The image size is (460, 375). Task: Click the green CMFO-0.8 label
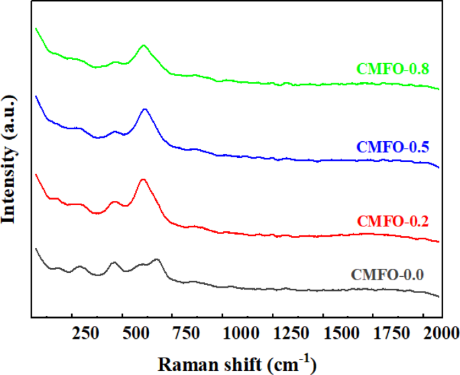(x=393, y=69)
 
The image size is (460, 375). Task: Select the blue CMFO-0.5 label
(x=393, y=146)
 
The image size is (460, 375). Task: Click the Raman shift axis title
(x=236, y=363)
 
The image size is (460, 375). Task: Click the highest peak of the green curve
(x=144, y=46)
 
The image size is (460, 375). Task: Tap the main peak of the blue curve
(x=144, y=109)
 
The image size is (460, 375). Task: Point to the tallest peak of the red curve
(x=142, y=179)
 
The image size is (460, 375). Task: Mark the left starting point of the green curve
(x=36, y=28)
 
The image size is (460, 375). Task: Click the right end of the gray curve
(x=439, y=296)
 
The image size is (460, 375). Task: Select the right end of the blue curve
(x=439, y=167)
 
